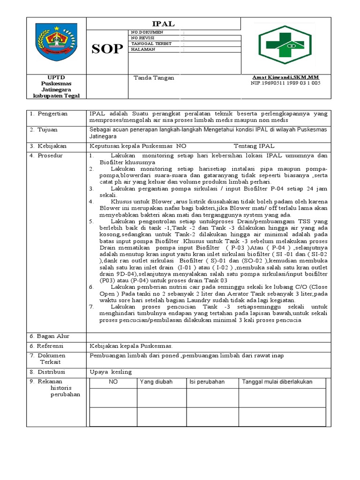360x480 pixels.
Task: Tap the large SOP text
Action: (x=107, y=49)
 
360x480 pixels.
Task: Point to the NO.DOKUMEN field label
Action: (x=147, y=32)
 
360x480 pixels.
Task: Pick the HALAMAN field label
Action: (x=143, y=49)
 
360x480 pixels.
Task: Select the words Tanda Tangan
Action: (x=154, y=78)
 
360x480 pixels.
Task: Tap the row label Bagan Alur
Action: (x=49, y=336)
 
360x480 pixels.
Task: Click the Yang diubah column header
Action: (x=153, y=382)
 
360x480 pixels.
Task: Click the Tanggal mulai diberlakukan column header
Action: (x=277, y=382)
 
